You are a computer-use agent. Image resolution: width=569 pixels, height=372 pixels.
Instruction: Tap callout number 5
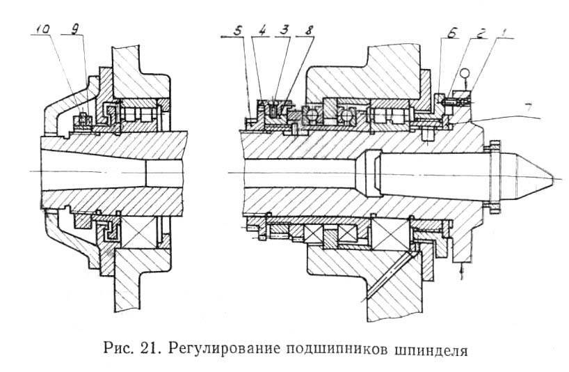pos(241,32)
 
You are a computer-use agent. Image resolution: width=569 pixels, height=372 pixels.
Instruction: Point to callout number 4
pos(263,32)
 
